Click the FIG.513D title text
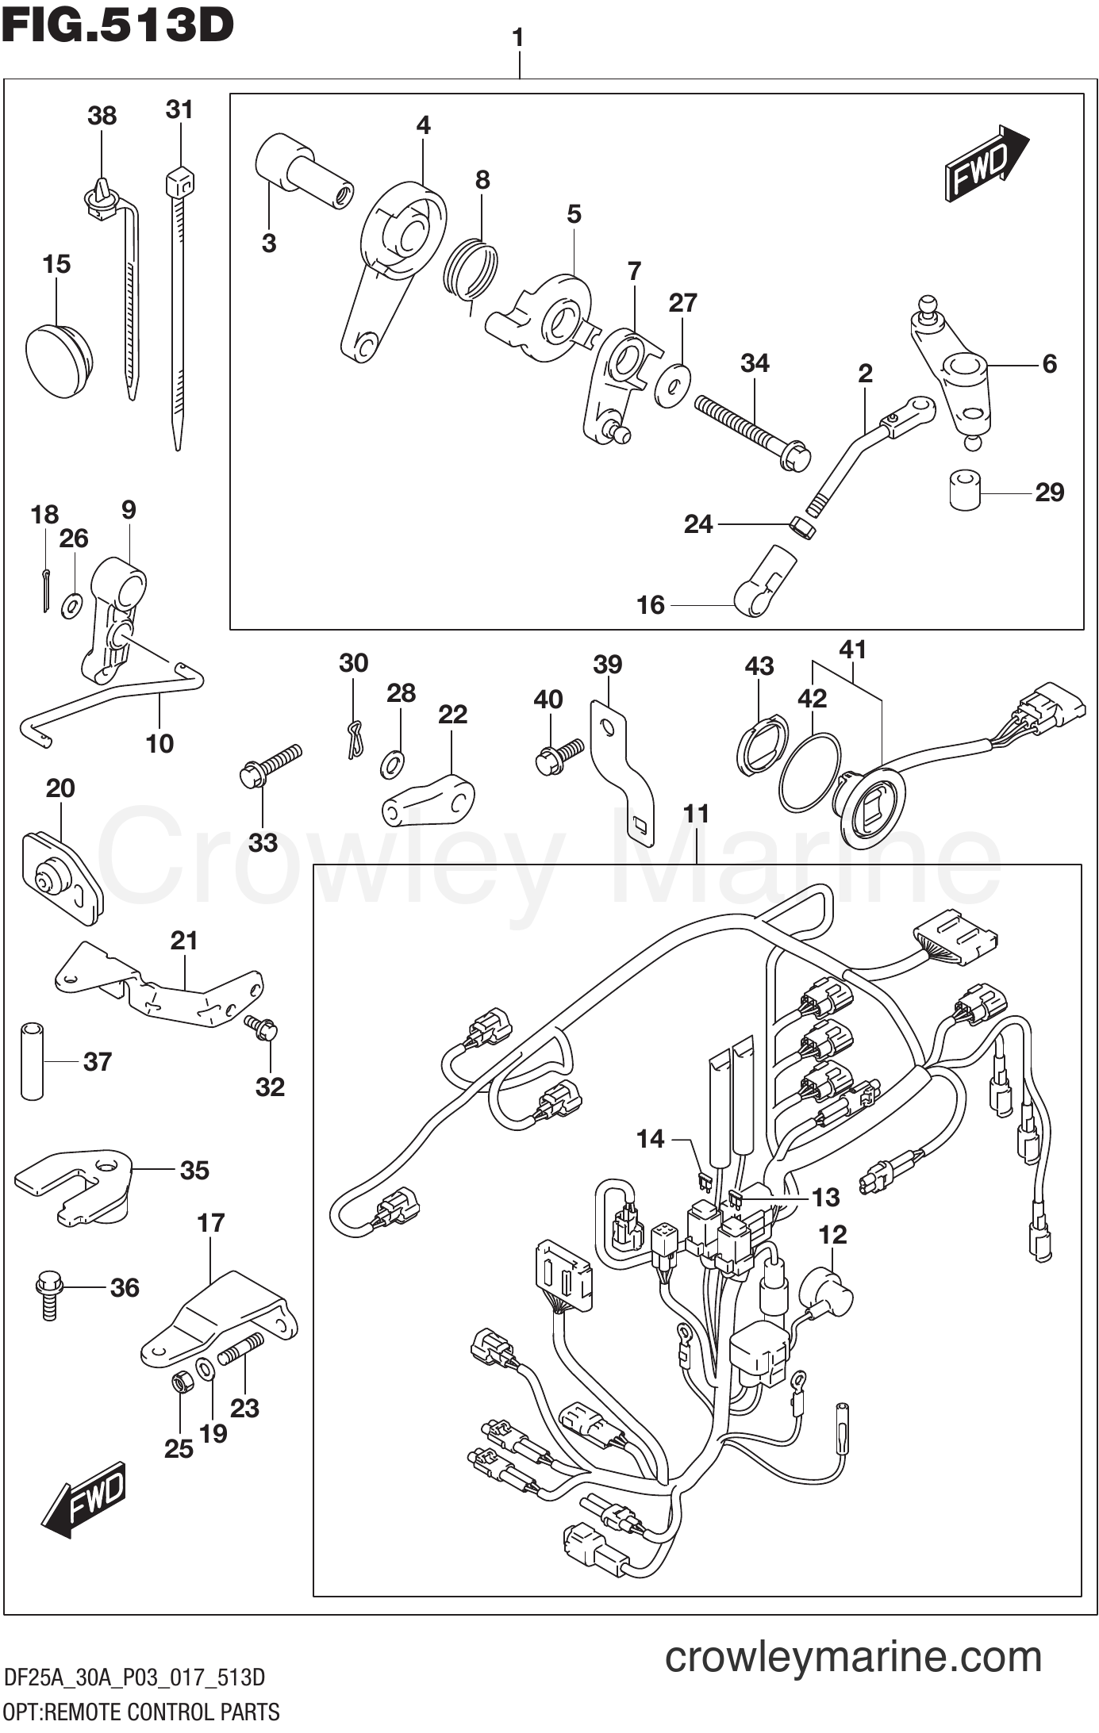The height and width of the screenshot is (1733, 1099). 117,26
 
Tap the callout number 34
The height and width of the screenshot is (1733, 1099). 755,363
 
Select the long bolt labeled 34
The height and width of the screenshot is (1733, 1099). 751,432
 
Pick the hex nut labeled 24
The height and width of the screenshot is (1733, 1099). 803,527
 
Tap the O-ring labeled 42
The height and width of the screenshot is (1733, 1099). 809,772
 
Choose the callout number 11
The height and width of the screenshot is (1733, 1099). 696,814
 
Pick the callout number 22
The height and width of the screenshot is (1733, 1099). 452,715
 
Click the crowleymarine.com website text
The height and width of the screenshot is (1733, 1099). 853,1657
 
